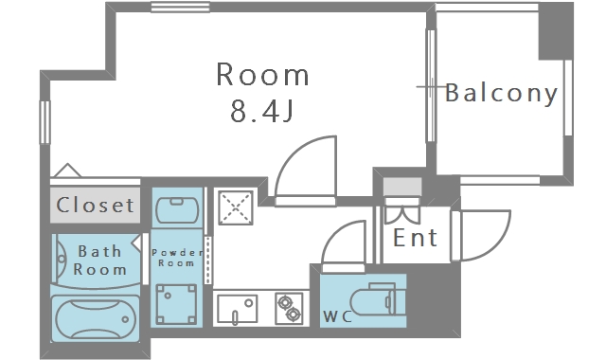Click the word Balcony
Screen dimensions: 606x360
(x=501, y=93)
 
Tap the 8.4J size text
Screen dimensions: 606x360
(x=262, y=112)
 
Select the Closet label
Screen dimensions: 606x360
(x=95, y=204)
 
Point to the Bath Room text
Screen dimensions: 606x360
(x=100, y=261)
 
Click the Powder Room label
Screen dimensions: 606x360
(x=176, y=257)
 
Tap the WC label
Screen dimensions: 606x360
(x=338, y=315)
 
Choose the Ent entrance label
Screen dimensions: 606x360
(x=415, y=237)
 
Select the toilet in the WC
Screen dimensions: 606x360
(x=384, y=300)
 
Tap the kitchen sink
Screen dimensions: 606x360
(x=237, y=308)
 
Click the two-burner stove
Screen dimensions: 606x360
(x=288, y=308)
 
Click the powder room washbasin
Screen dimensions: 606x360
(x=177, y=206)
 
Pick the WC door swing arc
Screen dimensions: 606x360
(x=343, y=244)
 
